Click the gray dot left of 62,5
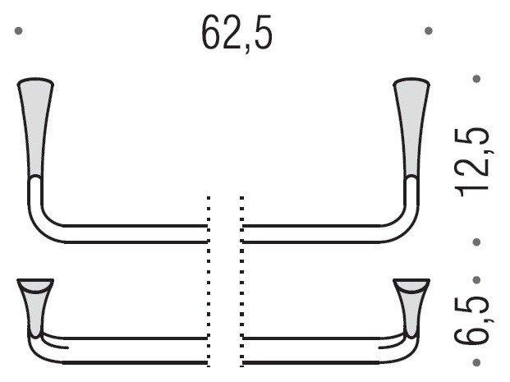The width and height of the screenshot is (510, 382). [x=19, y=31]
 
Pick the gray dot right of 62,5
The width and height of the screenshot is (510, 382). [x=429, y=31]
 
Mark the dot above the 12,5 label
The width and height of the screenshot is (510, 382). [x=476, y=79]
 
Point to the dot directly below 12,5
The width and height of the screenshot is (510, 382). [x=476, y=242]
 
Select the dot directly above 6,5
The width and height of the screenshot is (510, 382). [x=476, y=280]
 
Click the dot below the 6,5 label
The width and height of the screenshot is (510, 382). [x=476, y=362]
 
